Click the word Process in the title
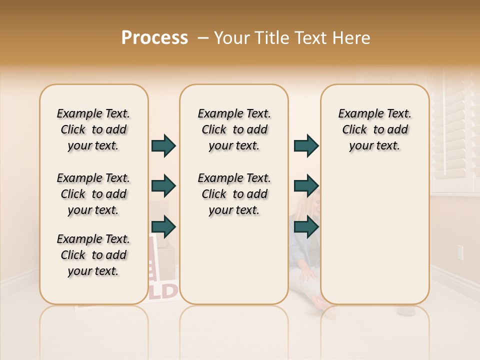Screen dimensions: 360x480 pos(154,38)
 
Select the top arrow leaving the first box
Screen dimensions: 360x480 pos(163,146)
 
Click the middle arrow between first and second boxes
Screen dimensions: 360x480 pos(163,186)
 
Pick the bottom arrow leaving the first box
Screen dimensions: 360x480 pos(163,227)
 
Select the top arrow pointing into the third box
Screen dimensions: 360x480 pos(306,146)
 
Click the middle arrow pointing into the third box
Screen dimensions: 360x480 pos(306,186)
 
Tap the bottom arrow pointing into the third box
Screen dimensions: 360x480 pos(306,227)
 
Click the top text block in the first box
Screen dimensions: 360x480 pos(93,129)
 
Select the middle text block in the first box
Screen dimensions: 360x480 pos(93,194)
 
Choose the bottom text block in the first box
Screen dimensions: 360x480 pos(93,255)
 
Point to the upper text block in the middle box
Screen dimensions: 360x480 pos(234,129)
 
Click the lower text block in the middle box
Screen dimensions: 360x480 pos(234,194)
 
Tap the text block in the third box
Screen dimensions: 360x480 pos(374,129)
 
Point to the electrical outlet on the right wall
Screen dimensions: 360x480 pos(460,252)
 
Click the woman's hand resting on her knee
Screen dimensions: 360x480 pos(306,274)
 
